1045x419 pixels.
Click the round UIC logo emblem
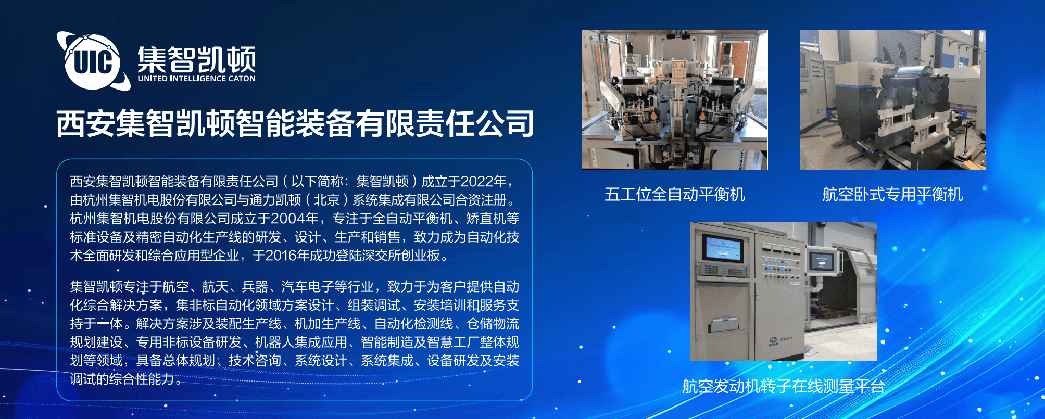[x=93, y=61]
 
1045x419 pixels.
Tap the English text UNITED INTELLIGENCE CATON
[x=196, y=79]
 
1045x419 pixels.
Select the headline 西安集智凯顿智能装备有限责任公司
[x=295, y=123]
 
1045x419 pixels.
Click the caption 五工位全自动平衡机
[x=675, y=194]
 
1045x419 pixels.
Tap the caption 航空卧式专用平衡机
[x=892, y=194]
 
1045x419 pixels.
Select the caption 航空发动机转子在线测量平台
[x=784, y=386]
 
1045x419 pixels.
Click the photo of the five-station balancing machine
[x=675, y=100]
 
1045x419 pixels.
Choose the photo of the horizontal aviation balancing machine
[x=893, y=100]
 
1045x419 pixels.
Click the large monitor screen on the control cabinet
[x=722, y=249]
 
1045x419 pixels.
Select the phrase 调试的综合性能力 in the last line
[x=122, y=379]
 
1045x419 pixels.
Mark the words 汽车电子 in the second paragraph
[x=308, y=286]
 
